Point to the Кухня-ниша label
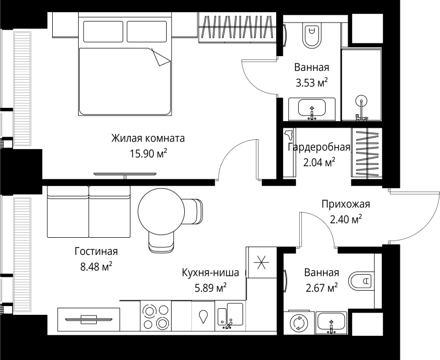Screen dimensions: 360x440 (211, 272)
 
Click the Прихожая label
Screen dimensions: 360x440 (346, 204)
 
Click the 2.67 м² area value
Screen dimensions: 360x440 (321, 288)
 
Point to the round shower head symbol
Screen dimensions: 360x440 (361, 101)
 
